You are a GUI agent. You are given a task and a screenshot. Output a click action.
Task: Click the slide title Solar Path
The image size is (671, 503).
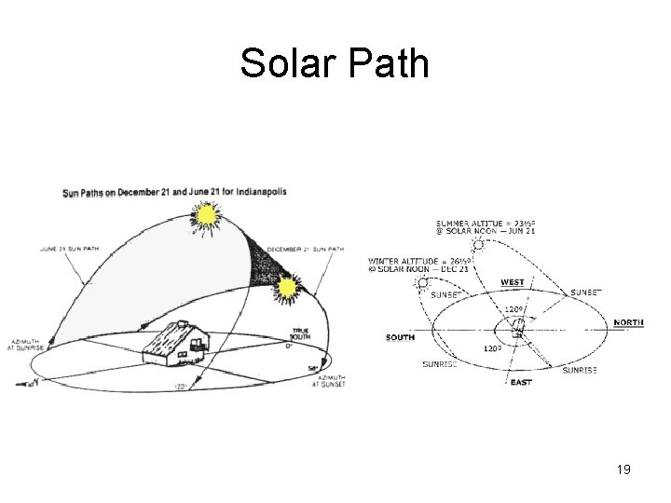335,63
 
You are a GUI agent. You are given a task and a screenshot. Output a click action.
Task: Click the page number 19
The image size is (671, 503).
623,469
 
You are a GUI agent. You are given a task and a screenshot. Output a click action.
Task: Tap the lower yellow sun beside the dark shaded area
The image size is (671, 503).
284,292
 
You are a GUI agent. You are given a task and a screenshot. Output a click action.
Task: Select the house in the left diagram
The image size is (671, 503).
175,341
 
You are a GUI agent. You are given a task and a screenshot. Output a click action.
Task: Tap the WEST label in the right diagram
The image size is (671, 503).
513,281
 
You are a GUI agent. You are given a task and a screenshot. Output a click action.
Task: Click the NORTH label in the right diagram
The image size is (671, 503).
629,323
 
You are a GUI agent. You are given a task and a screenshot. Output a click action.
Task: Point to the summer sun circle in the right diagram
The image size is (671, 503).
479,244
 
